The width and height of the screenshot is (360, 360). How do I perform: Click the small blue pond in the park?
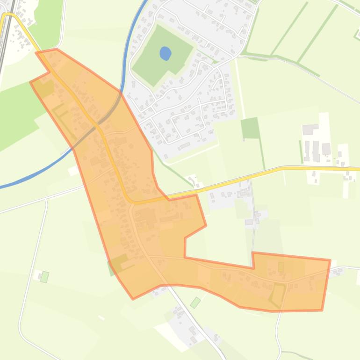tap(165, 53)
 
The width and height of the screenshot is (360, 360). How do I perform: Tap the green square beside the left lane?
tap(44, 277)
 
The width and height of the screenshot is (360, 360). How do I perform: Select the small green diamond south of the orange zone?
tap(195, 302)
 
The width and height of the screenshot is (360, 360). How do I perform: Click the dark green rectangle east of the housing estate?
tap(250, 128)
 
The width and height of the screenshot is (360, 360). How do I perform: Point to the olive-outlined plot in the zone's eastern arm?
tap(278, 294)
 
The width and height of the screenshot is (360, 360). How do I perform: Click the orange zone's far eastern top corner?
tap(330, 260)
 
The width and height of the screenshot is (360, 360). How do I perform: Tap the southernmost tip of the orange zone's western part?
tap(133, 298)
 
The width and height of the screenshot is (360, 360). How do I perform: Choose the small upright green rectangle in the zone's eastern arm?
tap(281, 267)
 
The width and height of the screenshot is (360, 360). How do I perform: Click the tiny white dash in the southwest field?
tap(101, 318)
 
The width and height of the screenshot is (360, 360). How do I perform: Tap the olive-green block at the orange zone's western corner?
tap(45, 88)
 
